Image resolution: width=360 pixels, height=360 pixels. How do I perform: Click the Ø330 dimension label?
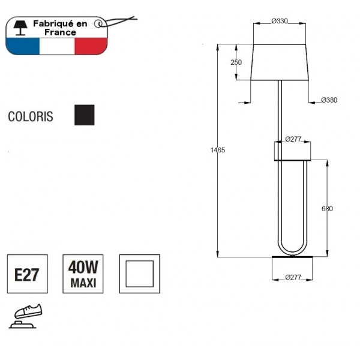(280, 21)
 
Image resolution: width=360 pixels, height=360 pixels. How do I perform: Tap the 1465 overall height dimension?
(218, 150)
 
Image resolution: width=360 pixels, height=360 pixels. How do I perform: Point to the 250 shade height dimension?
(236, 62)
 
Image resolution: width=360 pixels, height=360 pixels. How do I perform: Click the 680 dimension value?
(327, 209)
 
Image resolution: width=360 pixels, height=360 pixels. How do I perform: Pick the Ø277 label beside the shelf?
(293, 139)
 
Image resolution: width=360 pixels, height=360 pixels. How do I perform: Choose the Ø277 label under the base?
(293, 277)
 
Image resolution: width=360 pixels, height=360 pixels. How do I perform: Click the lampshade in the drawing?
(280, 62)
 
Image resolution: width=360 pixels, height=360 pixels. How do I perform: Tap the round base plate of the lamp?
(292, 259)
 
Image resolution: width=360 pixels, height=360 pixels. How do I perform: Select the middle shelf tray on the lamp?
(292, 151)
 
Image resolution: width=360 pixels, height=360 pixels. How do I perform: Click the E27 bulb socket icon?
(26, 274)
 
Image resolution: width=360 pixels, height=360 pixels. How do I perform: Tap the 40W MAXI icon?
(83, 274)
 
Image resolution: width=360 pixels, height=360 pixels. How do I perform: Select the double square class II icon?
(139, 274)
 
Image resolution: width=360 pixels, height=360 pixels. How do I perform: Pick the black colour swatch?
(84, 115)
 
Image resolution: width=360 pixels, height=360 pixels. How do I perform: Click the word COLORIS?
(30, 116)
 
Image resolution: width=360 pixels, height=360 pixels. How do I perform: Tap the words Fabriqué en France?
(60, 28)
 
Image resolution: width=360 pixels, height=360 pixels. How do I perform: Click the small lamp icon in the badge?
(21, 26)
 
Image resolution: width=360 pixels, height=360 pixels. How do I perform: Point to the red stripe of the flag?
(90, 46)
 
